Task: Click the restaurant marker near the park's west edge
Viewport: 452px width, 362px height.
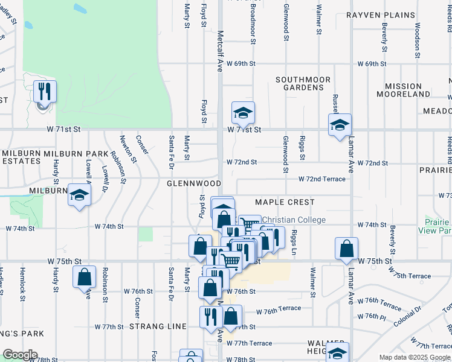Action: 45,92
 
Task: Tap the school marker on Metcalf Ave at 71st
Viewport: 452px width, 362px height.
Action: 243,113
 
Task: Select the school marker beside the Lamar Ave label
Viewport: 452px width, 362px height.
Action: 340,125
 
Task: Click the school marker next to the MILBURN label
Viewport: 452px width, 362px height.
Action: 79,195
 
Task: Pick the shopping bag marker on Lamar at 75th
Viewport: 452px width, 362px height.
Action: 346,249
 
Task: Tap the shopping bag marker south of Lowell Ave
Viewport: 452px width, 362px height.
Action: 85,277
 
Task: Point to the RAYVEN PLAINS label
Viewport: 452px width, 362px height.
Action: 381,15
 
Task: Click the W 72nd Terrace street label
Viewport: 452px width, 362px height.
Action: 322,179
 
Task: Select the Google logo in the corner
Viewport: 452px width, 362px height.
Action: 21,355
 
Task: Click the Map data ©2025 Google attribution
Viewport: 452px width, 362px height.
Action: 415,357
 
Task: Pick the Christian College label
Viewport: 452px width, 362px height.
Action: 295,220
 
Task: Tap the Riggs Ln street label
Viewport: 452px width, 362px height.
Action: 295,243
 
